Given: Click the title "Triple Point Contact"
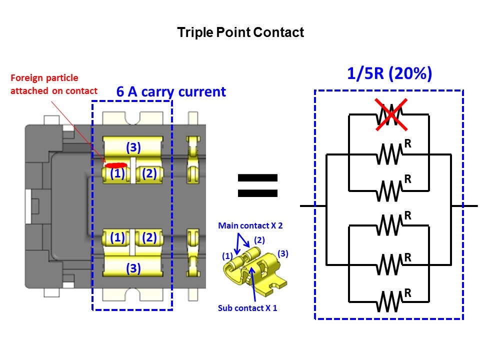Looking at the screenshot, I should click(240, 33).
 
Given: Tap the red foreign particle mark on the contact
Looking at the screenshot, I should click(115, 164).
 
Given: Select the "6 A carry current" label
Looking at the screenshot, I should click(171, 91).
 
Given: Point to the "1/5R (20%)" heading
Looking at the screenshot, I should click(389, 74).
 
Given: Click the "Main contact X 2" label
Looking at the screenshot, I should click(250, 226).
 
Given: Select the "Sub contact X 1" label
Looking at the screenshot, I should click(247, 308).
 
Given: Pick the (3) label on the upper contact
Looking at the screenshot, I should click(133, 147).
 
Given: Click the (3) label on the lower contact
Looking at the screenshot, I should click(133, 268).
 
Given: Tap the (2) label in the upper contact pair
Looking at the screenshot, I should click(149, 173).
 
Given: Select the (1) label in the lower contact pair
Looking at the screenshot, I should click(117, 238).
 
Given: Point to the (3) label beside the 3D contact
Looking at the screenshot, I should click(283, 253).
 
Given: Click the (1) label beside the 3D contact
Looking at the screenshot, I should click(226, 256).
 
